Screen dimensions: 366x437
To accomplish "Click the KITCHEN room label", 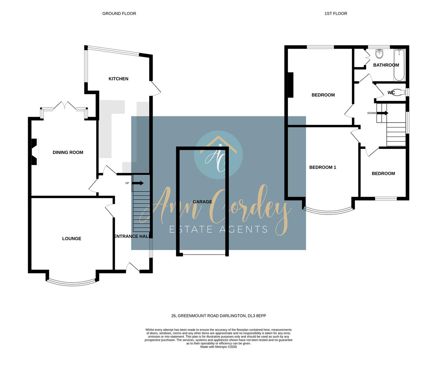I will (118, 79).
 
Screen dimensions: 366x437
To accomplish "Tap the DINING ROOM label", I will (68, 152).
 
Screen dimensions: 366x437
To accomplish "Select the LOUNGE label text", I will (72, 239).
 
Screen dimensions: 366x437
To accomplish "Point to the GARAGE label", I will (202, 202).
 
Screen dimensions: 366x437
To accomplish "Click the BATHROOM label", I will (386, 65).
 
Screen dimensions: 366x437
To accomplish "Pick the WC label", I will (391, 93).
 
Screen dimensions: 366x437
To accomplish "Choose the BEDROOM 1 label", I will (323, 167).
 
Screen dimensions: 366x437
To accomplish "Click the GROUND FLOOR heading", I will (119, 14).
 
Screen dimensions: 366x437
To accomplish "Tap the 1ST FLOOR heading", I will (336, 14).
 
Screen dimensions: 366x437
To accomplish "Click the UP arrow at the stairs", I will (138, 183).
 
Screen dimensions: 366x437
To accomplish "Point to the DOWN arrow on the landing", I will (382, 113).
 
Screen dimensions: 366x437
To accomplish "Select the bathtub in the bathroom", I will (399, 65).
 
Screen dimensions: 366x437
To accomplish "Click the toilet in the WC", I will (400, 92).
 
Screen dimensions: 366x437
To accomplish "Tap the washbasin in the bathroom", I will (379, 54).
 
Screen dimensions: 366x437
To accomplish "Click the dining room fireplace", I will (34, 152).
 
